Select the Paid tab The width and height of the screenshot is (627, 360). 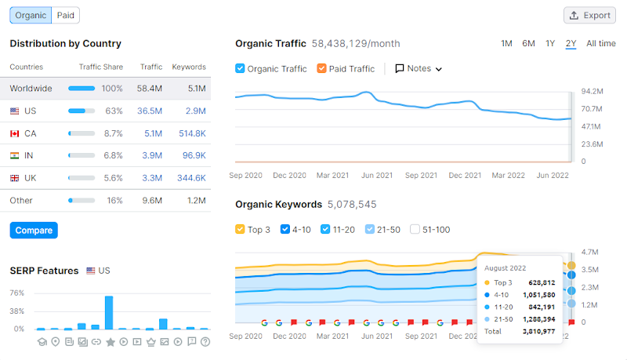pyautogui.click(x=66, y=15)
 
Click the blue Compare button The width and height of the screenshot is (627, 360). pyautogui.click(x=34, y=231)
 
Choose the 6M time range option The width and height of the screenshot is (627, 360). pyautogui.click(x=529, y=43)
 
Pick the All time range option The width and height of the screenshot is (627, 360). pyautogui.click(x=600, y=43)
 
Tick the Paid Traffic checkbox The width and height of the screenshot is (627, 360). pyautogui.click(x=322, y=68)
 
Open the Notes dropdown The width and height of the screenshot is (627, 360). pyautogui.click(x=419, y=68)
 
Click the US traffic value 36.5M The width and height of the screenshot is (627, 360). pyautogui.click(x=150, y=111)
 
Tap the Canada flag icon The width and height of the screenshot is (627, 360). pyautogui.click(x=15, y=133)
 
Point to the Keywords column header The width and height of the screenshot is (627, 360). pyautogui.click(x=188, y=67)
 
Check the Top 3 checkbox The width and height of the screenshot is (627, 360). pyautogui.click(x=241, y=230)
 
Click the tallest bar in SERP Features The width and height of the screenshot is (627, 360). pyautogui.click(x=109, y=312)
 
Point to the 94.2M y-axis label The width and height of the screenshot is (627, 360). pyautogui.click(x=592, y=91)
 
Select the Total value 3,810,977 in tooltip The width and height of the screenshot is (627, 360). pyautogui.click(x=538, y=332)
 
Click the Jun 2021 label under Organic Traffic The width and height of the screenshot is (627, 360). pyautogui.click(x=378, y=175)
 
